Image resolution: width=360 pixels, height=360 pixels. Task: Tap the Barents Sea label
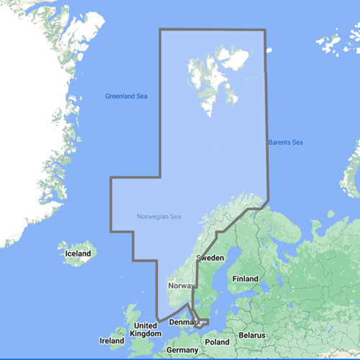point(285,143)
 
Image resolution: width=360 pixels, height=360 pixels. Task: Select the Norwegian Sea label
point(159,217)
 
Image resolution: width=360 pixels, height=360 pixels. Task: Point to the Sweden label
point(210,257)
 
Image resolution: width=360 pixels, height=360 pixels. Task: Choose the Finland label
point(245,278)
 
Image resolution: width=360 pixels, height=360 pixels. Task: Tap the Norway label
point(181,286)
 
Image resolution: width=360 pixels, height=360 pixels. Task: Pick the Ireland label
point(112,341)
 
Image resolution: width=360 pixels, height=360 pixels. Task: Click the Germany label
point(181,350)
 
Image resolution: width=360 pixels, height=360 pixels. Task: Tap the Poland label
point(217,341)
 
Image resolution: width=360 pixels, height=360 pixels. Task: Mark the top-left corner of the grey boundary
point(160,30)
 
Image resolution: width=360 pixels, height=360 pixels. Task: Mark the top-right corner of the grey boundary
point(266,30)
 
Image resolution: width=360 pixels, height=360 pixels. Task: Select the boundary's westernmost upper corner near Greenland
point(110,177)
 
